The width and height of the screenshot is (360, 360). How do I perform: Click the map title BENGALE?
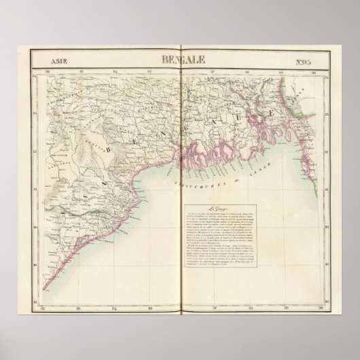[179, 59]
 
